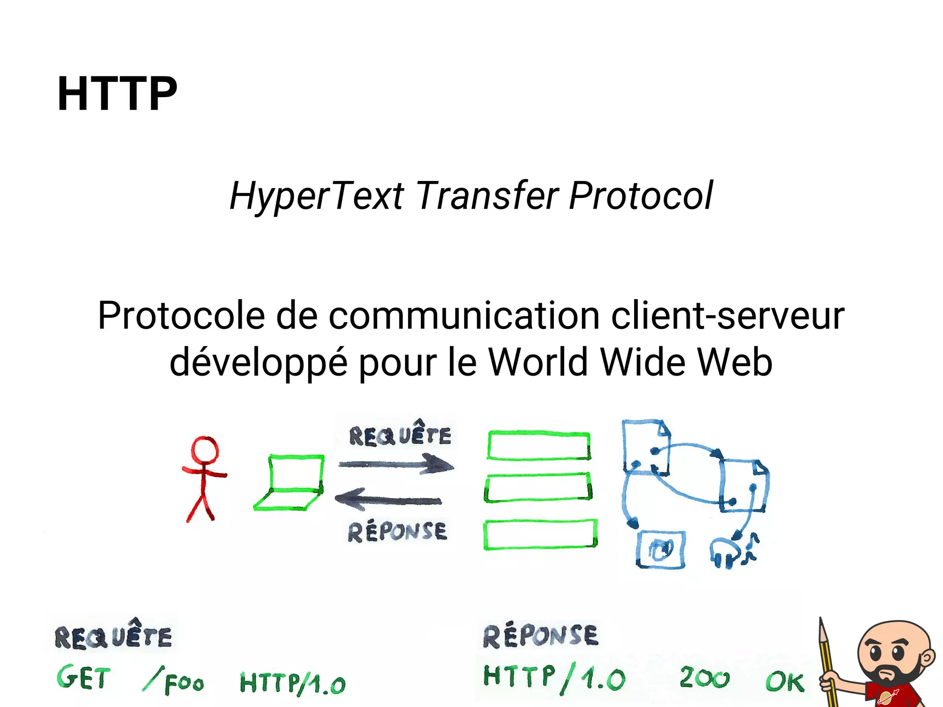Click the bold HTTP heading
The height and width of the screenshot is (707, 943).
(117, 94)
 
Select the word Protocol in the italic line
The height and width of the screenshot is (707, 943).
(640, 196)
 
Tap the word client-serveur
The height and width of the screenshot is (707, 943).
(728, 316)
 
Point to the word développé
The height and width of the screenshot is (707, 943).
(258, 363)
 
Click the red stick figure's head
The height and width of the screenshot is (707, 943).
(204, 450)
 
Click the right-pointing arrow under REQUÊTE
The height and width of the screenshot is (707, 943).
(396, 464)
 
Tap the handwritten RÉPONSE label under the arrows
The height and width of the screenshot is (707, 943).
(397, 532)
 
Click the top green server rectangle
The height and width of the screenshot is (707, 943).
(539, 446)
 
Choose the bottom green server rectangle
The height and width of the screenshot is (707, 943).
(540, 534)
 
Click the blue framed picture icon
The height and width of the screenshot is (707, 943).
(660, 550)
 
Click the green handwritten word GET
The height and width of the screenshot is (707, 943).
(84, 678)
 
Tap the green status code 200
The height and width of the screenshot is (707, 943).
(704, 678)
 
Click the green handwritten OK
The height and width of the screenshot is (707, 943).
(785, 681)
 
